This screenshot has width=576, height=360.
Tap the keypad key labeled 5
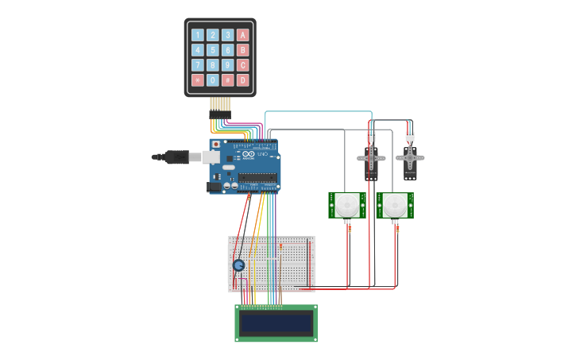pyautogui.click(x=213, y=50)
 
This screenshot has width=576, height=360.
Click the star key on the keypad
pyautogui.click(x=198, y=80)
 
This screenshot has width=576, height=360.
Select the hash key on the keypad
pyautogui.click(x=228, y=80)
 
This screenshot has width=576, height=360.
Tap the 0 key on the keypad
pyautogui.click(x=213, y=80)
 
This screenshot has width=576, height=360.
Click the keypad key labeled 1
pyautogui.click(x=198, y=35)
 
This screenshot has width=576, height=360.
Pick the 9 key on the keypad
pyautogui.click(x=228, y=65)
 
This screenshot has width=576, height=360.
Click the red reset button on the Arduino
pyautogui.click(x=215, y=144)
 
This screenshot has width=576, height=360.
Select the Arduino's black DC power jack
pyautogui.click(x=214, y=188)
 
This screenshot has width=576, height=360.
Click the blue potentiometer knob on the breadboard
pyautogui.click(x=239, y=265)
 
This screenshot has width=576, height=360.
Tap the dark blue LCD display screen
pyautogui.click(x=276, y=323)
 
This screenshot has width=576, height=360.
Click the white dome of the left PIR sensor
pyautogui.click(x=347, y=205)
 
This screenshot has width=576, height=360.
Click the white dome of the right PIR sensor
pyautogui.click(x=395, y=205)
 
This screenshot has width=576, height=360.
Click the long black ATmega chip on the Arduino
pyautogui.click(x=257, y=177)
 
